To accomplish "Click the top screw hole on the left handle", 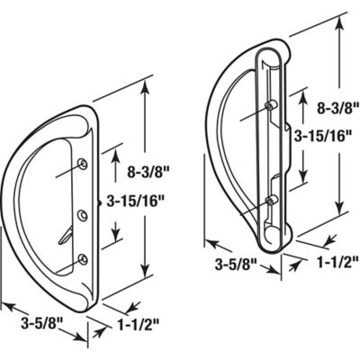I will (83, 163).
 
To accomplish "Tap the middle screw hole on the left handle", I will (83, 213).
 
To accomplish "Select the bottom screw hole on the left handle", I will (83, 259).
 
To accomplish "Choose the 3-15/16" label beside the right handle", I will (322, 136).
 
